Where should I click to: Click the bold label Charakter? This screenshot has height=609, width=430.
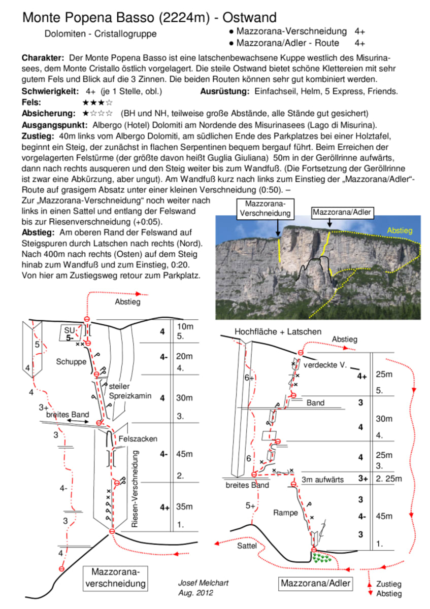click(x=43, y=58)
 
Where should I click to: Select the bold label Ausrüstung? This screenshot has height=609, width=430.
click(x=225, y=91)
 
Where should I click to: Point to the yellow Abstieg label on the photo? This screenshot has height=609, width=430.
click(x=400, y=230)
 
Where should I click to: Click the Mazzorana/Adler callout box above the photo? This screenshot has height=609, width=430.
click(x=342, y=212)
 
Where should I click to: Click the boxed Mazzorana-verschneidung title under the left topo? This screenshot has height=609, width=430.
click(x=116, y=577)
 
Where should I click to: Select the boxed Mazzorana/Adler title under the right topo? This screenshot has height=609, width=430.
click(x=316, y=583)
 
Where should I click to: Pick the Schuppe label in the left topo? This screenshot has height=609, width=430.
click(x=71, y=361)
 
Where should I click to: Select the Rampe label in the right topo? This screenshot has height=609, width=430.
click(x=286, y=513)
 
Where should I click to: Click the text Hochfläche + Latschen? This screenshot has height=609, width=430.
click(x=278, y=331)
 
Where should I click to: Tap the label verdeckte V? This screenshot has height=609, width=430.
click(x=325, y=365)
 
